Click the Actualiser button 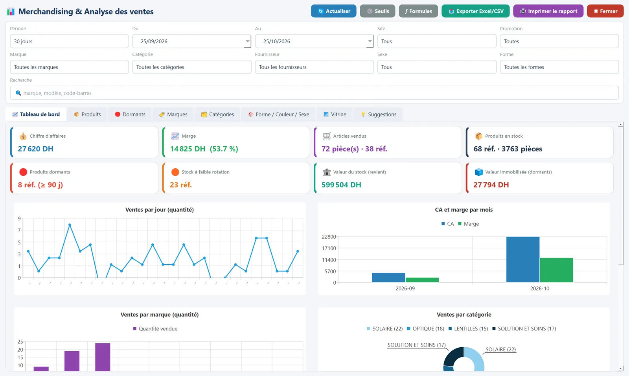334,11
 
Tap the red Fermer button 605,11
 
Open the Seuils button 377,11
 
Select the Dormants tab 130,114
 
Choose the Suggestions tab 378,114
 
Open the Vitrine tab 335,114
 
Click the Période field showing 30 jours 69,41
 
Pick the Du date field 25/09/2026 192,41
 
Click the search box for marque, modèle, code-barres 314,93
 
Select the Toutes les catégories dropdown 192,67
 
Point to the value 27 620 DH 36,149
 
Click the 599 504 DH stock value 341,185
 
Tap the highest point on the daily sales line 70,225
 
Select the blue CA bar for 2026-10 523,259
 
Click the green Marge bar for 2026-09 422,280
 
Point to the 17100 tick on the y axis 329,248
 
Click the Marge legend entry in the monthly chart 468,224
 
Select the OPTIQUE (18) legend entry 425,329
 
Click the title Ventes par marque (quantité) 160,315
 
